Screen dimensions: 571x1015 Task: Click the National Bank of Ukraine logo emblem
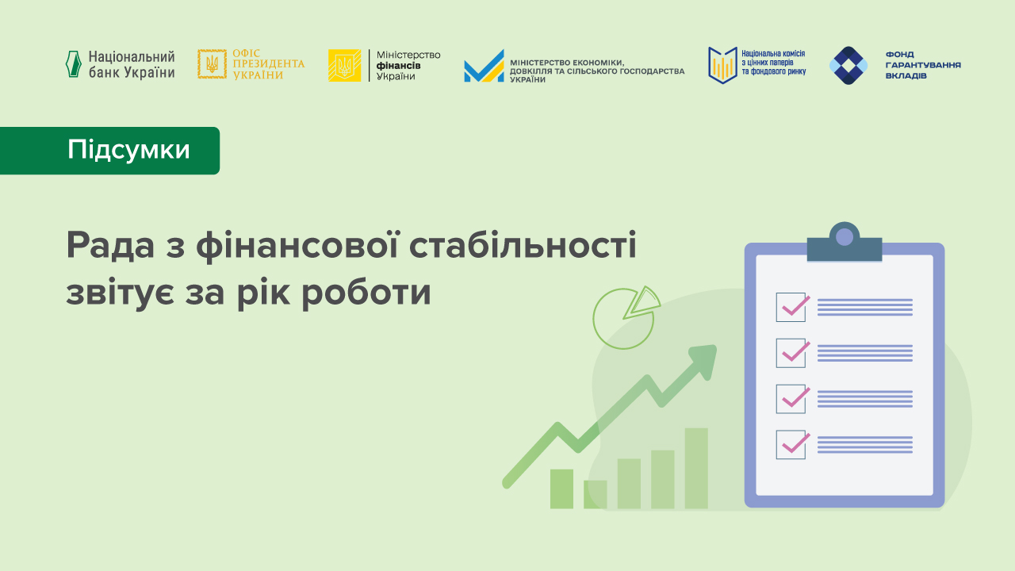coord(74,64)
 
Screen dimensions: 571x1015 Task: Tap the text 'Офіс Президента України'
coord(267,64)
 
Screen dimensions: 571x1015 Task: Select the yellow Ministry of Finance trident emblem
coord(344,65)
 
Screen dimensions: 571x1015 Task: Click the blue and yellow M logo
coord(484,67)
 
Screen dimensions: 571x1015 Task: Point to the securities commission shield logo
coord(722,64)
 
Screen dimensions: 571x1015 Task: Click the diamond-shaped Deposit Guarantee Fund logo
coord(848,65)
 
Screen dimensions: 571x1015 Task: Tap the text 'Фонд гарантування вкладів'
coord(922,65)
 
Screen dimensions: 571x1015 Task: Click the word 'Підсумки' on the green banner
coord(128,150)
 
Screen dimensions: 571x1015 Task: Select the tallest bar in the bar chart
coord(696,468)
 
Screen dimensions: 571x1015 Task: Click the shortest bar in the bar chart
coord(595,494)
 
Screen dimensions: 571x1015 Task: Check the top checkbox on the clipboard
coord(791,307)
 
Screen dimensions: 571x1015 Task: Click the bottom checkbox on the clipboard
coord(791,444)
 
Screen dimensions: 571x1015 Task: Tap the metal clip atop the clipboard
coord(845,243)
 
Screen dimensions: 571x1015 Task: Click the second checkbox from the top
coord(791,353)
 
